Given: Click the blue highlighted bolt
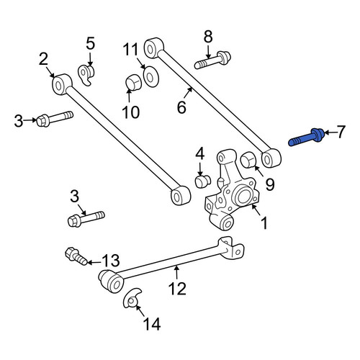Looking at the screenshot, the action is click(306, 138).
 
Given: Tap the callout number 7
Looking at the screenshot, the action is click(341, 132).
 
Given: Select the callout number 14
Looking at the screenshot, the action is click(152, 324).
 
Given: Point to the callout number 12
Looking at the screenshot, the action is click(177, 289).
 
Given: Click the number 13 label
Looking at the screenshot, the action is click(111, 260).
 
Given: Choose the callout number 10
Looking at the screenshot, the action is click(131, 112).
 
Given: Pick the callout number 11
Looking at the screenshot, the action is click(131, 50).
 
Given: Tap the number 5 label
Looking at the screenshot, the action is click(90, 43).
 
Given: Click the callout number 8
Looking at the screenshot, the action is click(208, 37).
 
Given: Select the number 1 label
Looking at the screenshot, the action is click(264, 223).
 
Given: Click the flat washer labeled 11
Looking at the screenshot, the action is click(151, 77).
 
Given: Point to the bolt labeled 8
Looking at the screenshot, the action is click(212, 60).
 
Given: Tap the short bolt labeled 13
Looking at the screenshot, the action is click(76, 256).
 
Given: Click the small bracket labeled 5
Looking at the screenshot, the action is click(86, 75).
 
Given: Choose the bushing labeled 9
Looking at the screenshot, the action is click(248, 159).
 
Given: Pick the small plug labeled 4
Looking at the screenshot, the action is click(203, 181).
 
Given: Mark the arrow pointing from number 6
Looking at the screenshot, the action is click(188, 94).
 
